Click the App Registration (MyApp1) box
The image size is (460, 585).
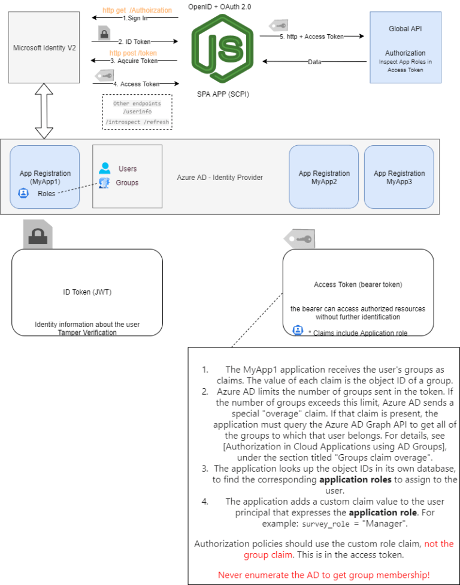point(45,177)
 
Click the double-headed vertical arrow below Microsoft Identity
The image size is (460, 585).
point(44,111)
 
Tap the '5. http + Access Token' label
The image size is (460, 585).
point(312,37)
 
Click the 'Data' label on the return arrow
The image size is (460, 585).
point(314,62)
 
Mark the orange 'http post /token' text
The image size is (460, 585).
point(132,52)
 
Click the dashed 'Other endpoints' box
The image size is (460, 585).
point(137,112)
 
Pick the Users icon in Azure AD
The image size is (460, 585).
point(105,169)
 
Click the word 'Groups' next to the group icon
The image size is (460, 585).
point(127,182)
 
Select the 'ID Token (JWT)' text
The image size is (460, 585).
point(87,292)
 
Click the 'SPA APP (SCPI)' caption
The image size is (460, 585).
point(223,94)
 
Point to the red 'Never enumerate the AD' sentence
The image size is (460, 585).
point(323,575)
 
